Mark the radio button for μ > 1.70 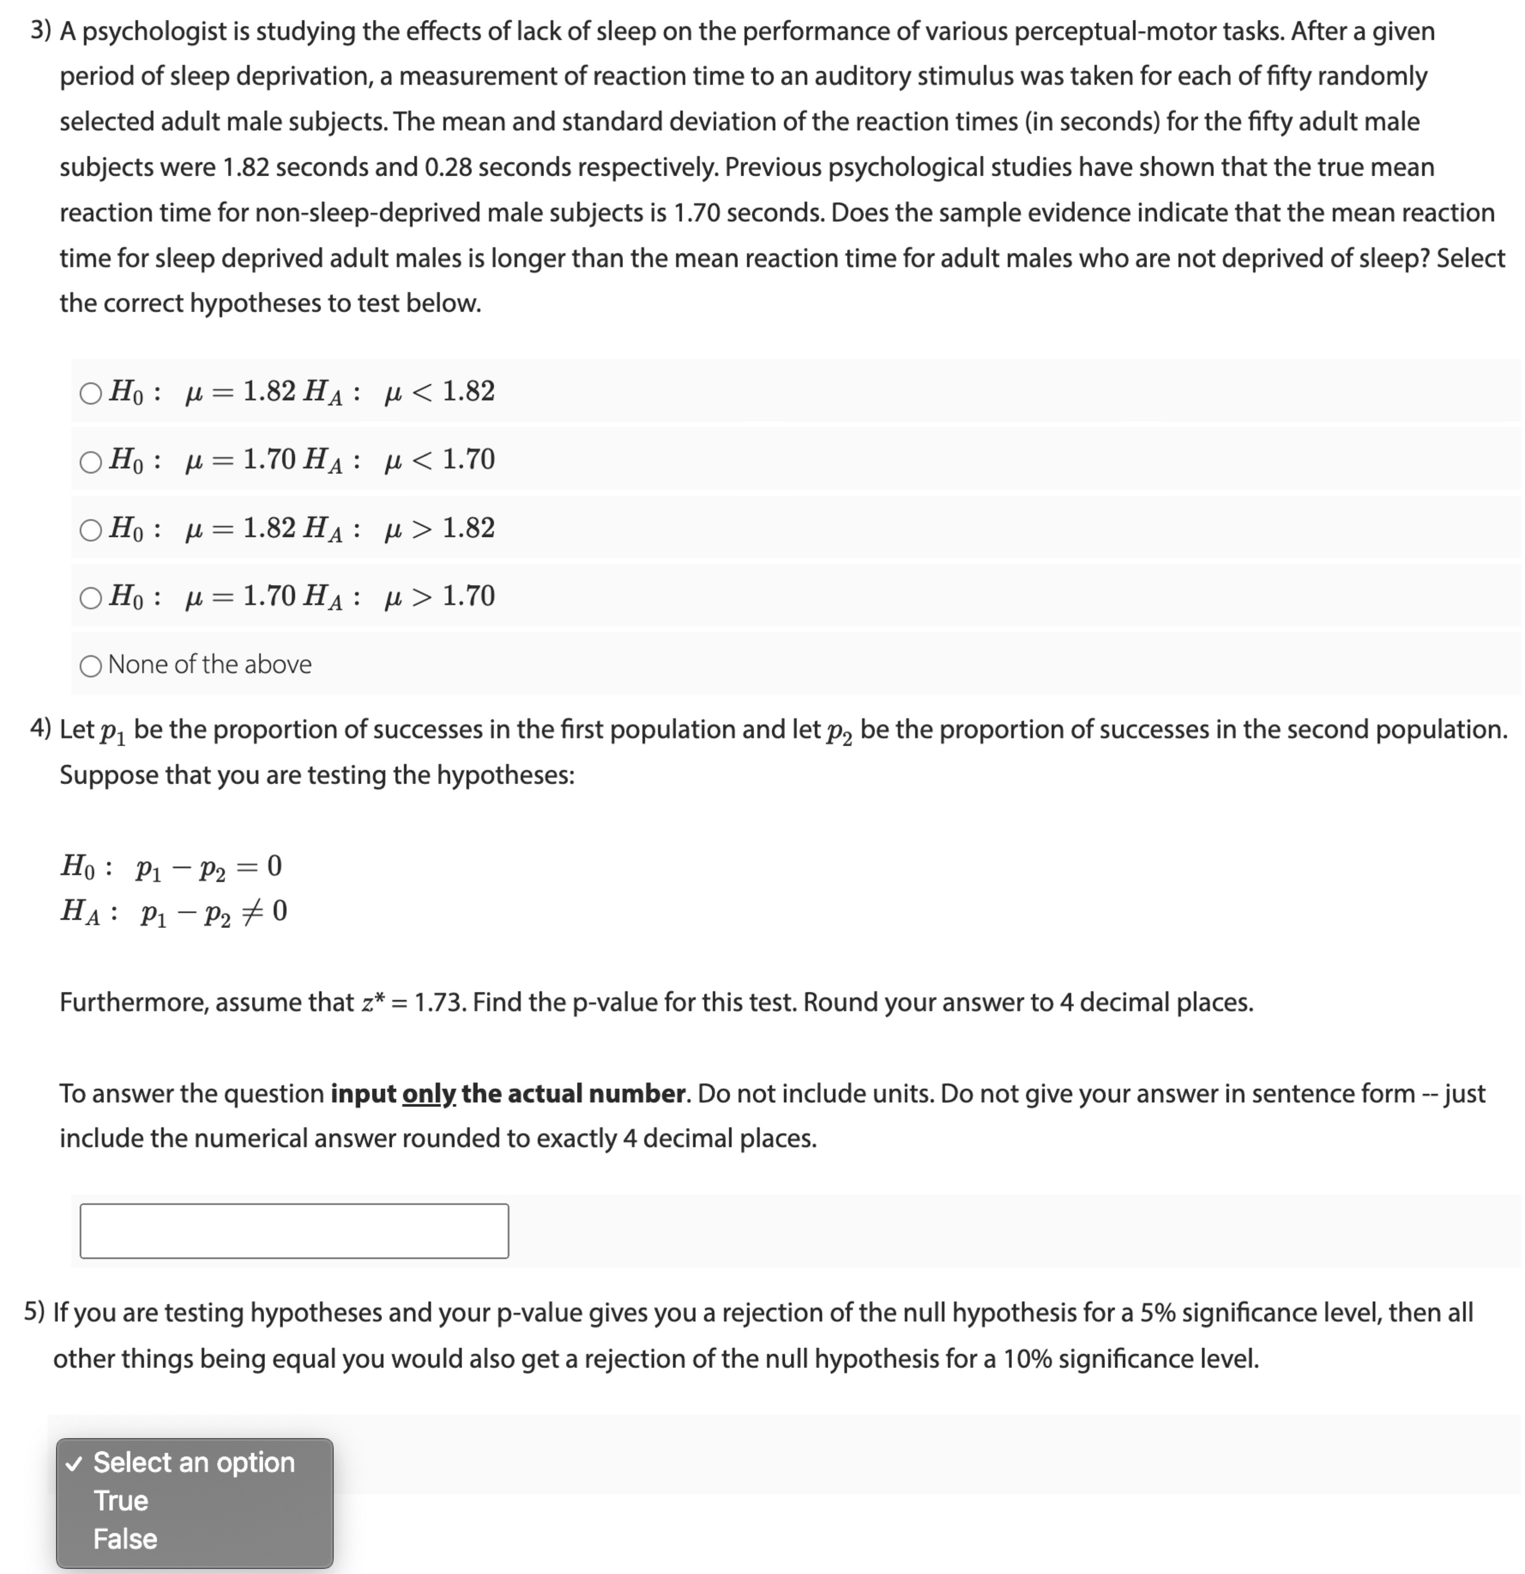(x=91, y=598)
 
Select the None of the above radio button (x=91, y=666)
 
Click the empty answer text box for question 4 (x=294, y=1230)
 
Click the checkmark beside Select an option (x=74, y=1463)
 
